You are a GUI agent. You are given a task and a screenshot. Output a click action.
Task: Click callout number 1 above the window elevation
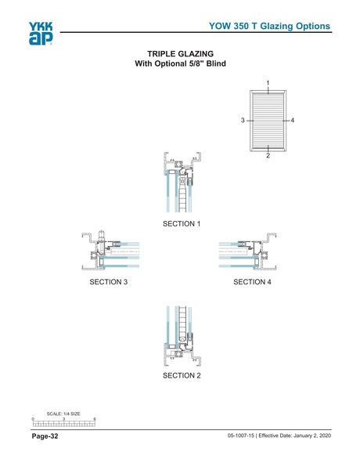point(268,83)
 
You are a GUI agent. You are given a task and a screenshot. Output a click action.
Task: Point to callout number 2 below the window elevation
point(268,156)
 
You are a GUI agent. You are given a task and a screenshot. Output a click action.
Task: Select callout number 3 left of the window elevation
point(243,120)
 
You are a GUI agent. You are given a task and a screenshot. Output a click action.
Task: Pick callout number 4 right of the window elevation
point(292,120)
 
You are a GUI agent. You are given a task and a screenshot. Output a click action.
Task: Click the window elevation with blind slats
point(268,119)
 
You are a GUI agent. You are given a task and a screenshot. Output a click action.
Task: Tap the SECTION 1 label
point(182,224)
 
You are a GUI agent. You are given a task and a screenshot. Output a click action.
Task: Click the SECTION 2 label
point(182,376)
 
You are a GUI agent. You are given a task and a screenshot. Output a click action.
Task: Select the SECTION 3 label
point(108,281)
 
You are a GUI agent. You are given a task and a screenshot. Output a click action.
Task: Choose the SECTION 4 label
point(252,281)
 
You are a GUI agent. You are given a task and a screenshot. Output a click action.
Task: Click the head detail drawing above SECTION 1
point(180,183)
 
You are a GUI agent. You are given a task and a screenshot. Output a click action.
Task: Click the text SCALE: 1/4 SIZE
point(63,414)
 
